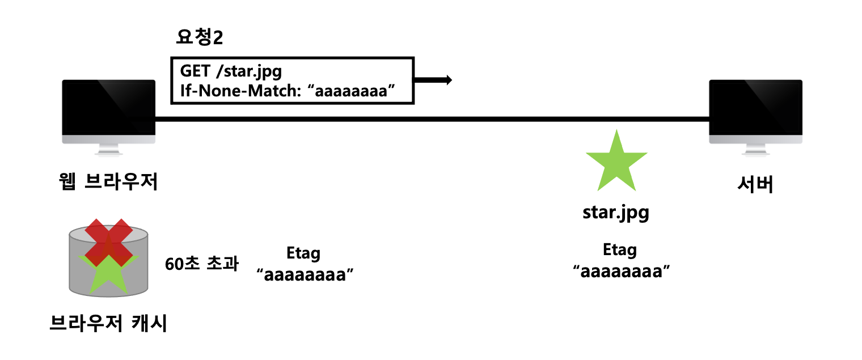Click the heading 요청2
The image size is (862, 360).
coord(199,39)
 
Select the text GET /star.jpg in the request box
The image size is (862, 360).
coord(231,72)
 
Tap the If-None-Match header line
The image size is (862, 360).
coord(287,91)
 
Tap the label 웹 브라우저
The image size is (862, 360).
coord(108,183)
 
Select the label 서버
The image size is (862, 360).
coord(755,185)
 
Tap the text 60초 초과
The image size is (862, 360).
coord(202,265)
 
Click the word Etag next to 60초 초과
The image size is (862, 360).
coord(304,253)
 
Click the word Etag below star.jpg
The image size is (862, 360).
coord(620,250)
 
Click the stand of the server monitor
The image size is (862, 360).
coord(755,150)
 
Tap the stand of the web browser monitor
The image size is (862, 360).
coord(108,150)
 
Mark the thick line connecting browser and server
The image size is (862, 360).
coord(431,119)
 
